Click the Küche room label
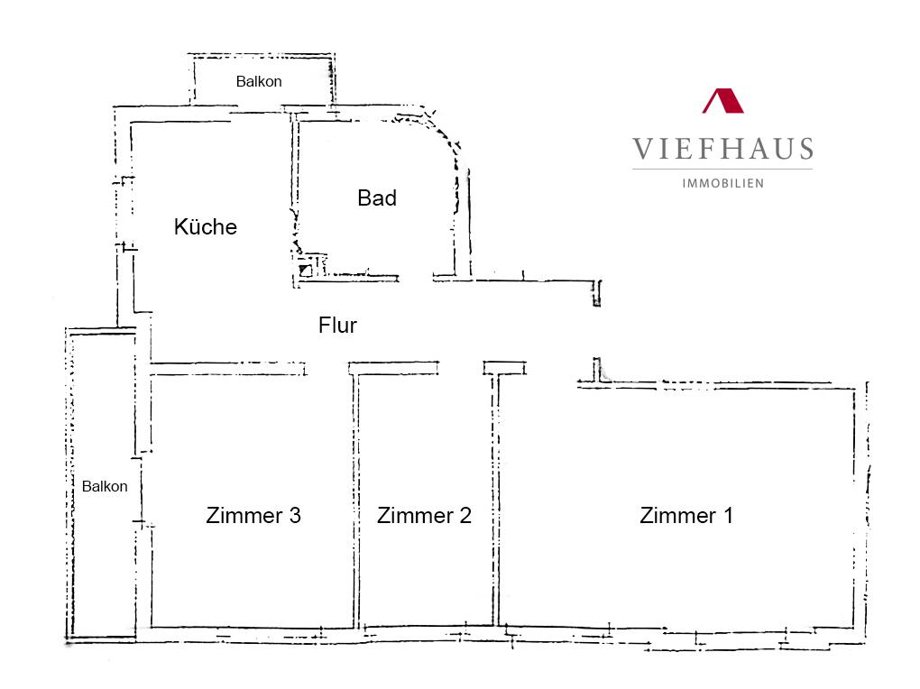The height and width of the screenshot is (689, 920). point(206,226)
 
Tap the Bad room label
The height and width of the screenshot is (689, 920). point(377,198)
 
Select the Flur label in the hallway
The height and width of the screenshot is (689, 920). point(337,326)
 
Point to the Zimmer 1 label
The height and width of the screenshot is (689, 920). point(685,515)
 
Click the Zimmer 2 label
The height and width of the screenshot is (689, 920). point(424,515)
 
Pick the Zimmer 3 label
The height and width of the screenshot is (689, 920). point(253,515)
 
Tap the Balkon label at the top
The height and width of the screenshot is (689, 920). point(259,81)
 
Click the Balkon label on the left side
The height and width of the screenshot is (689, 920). point(105,486)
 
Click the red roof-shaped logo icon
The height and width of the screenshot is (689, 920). point(722,101)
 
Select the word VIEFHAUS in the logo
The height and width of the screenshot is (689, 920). point(722,149)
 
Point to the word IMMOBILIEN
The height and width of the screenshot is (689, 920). point(722,184)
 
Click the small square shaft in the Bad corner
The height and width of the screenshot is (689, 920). point(306,271)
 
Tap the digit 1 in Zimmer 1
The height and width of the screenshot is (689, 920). point(728,515)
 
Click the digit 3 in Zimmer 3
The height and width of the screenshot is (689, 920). point(295,515)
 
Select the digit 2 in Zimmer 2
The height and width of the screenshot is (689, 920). point(465,515)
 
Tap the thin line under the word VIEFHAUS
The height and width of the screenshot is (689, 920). point(722,170)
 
